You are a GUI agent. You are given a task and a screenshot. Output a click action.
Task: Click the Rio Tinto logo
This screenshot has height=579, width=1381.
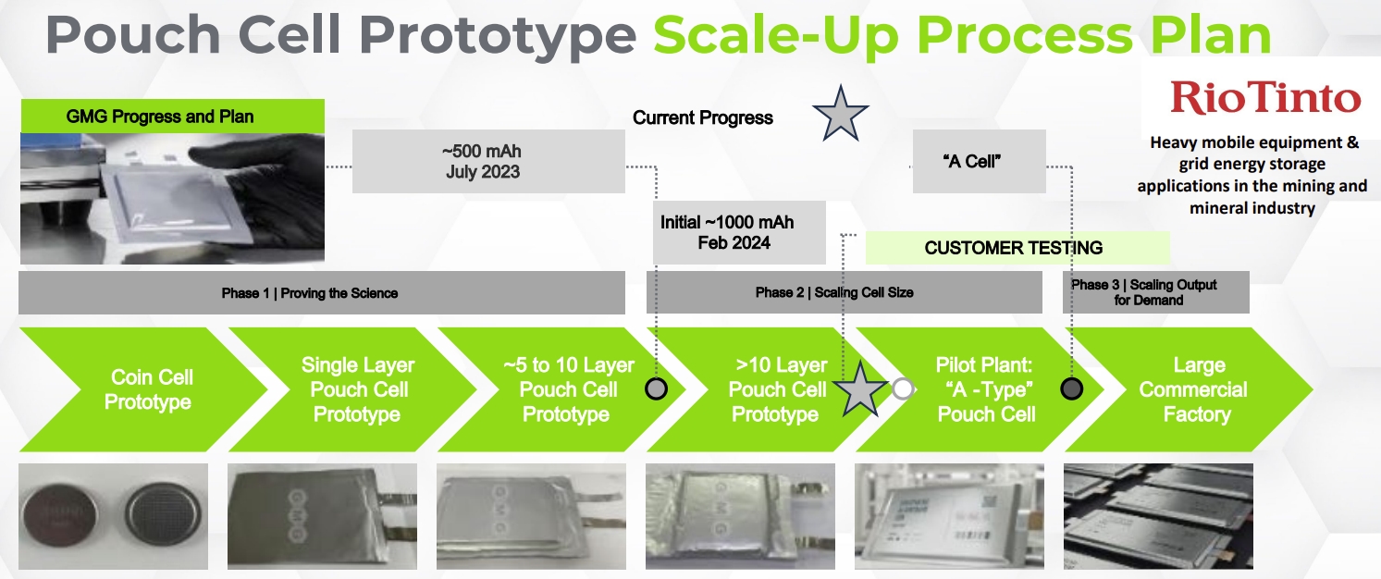[1265, 98]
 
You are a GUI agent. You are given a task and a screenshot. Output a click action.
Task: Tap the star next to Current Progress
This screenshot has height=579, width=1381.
[840, 115]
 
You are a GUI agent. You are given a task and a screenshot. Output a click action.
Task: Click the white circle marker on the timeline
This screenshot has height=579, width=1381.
[903, 389]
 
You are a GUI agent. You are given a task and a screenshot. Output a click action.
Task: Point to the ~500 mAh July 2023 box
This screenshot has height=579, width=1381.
[488, 161]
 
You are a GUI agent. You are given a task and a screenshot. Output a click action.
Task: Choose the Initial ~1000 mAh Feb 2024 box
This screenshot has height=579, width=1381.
[738, 232]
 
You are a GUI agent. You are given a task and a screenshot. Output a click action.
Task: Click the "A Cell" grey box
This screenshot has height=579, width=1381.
[979, 161]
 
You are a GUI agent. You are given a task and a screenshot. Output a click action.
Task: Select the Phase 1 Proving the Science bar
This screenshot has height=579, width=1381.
[321, 293]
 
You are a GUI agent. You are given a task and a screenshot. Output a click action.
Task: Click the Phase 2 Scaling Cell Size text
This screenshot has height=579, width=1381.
[834, 292]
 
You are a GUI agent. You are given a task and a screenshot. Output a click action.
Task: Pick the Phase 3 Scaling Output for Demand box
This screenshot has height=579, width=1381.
[1156, 292]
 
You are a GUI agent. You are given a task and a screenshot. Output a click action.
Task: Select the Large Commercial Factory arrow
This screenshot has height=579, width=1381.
[1190, 389]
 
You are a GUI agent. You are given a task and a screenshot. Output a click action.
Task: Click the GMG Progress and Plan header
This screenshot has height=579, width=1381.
[173, 116]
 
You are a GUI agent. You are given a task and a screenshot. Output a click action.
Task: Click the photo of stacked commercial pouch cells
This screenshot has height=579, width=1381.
[1158, 516]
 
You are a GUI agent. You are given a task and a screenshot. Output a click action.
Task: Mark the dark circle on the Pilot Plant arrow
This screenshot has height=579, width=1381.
[1071, 389]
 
